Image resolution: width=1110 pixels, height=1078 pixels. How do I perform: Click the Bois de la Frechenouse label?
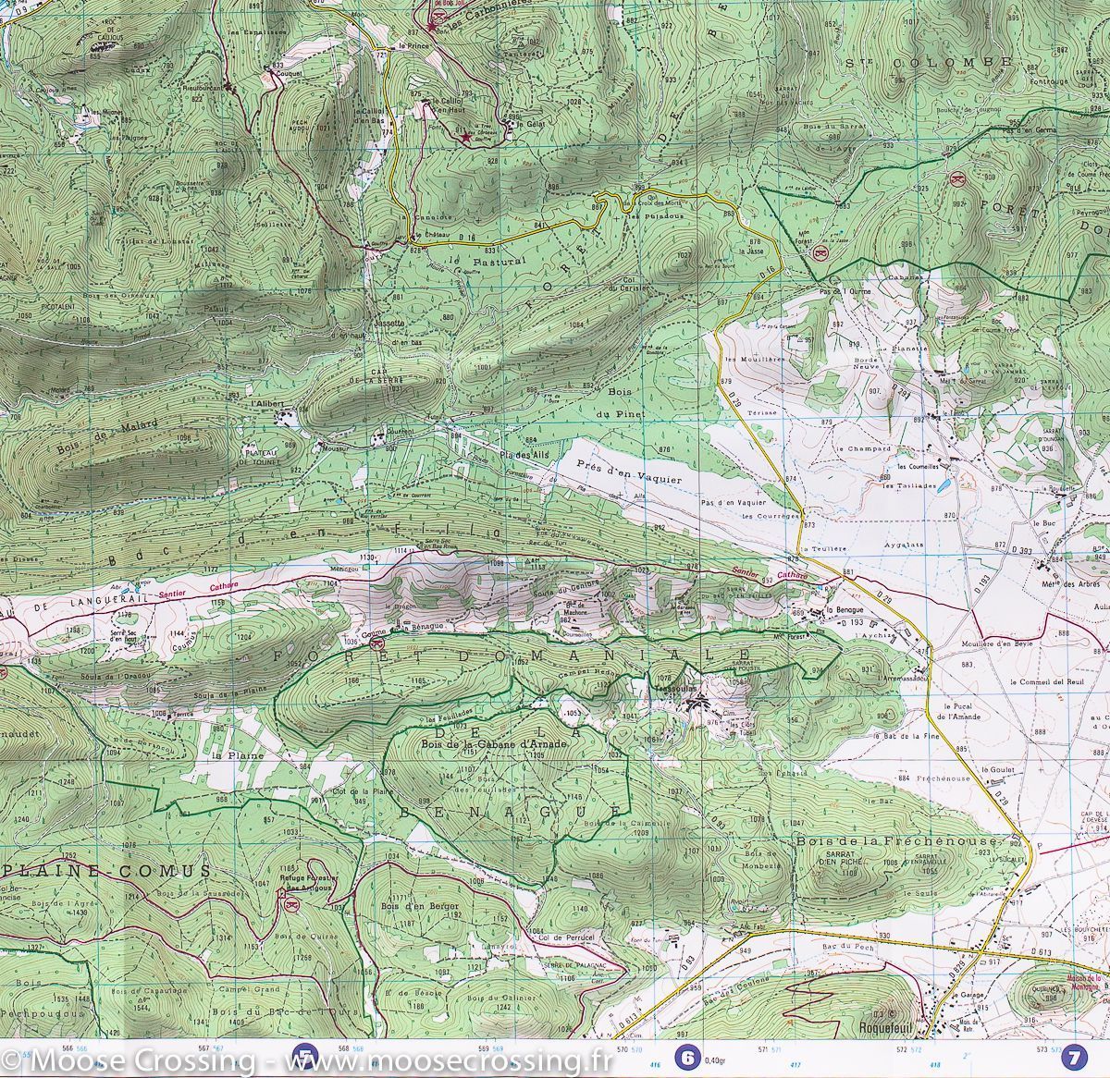[x=895, y=842]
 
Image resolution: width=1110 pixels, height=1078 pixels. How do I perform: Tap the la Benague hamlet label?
[x=845, y=611]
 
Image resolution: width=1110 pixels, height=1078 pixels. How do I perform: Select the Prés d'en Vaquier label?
[x=628, y=472]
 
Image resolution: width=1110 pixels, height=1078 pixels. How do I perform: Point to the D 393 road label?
[x=1022, y=551]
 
